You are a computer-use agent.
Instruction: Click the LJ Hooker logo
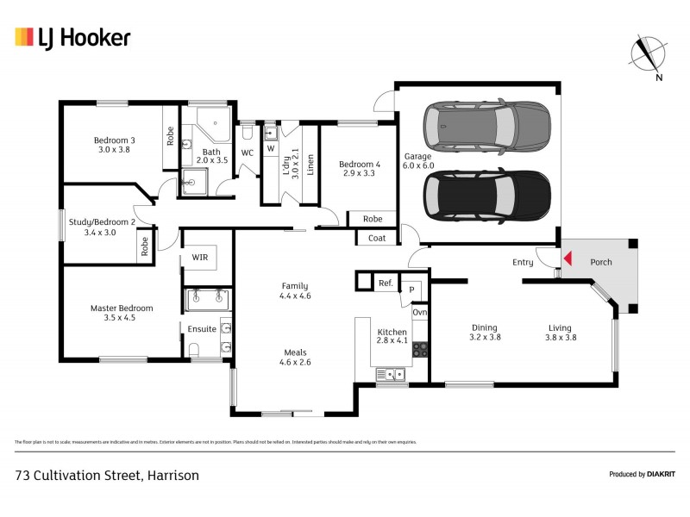(72, 37)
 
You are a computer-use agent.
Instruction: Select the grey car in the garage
(487, 126)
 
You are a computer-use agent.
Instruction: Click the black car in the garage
(487, 196)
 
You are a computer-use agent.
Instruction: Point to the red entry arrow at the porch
(567, 257)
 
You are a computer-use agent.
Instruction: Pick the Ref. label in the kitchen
(385, 282)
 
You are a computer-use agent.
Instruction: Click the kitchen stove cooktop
(420, 349)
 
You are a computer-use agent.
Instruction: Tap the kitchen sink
(392, 374)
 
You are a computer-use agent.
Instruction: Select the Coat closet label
(376, 238)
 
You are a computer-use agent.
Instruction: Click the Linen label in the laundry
(310, 163)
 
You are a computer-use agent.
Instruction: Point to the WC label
(247, 153)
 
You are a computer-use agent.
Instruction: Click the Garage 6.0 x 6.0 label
(418, 161)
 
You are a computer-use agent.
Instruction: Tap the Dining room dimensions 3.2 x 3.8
(486, 338)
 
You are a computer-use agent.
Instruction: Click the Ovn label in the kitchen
(419, 313)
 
